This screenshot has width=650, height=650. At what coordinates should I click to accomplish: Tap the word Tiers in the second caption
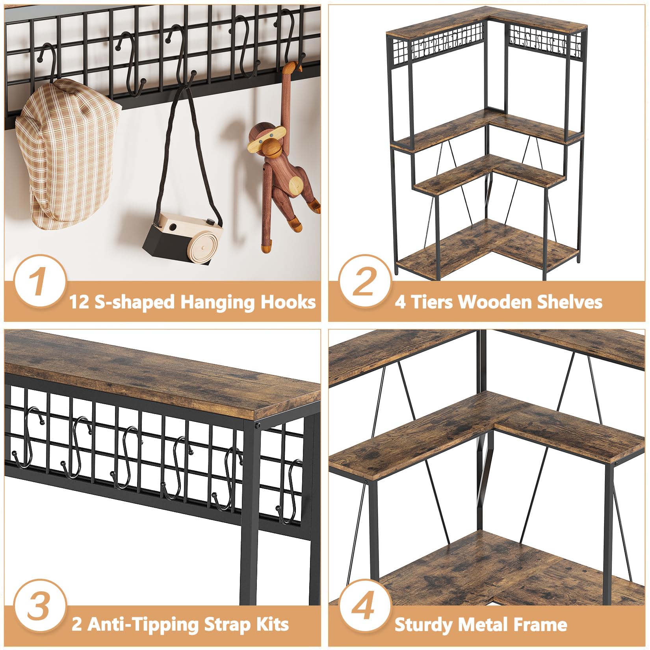pos(430,302)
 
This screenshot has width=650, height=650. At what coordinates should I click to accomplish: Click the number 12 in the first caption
pos(80,302)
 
